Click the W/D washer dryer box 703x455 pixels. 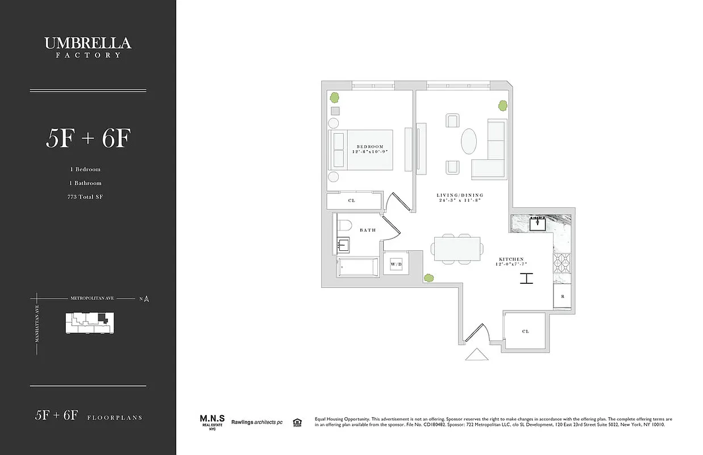click(396, 264)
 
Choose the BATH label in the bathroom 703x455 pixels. click(368, 230)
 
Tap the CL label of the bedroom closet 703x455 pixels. click(352, 201)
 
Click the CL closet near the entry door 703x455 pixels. click(525, 331)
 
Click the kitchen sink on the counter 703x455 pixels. click(538, 224)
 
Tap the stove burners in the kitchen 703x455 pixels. click(561, 262)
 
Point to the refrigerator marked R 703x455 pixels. click(563, 297)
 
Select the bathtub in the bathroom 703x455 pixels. click(357, 267)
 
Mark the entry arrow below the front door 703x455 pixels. click(476, 355)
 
